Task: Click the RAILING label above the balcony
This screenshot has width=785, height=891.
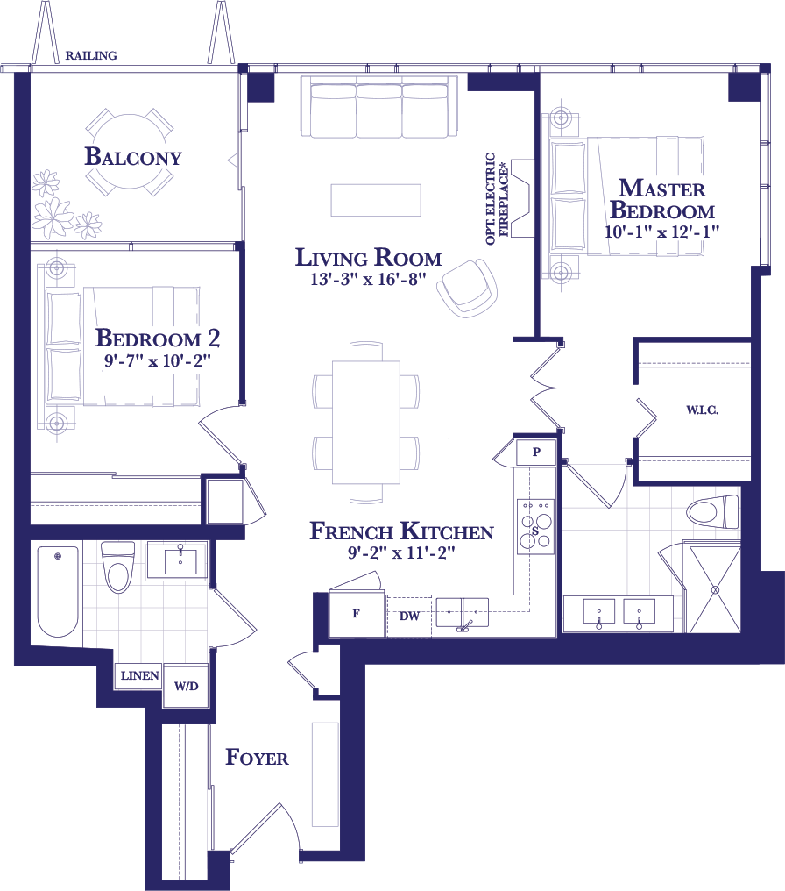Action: (91, 56)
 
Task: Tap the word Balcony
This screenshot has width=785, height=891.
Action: (133, 156)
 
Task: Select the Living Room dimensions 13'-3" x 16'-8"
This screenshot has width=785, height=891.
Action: (368, 279)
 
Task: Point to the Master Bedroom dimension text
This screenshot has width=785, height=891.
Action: (661, 232)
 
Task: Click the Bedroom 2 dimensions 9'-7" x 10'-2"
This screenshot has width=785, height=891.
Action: (157, 360)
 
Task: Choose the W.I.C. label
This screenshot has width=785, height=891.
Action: (702, 410)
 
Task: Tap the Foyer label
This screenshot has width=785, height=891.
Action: (257, 757)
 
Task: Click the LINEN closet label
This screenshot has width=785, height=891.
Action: (139, 675)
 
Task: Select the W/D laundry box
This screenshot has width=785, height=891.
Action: (186, 687)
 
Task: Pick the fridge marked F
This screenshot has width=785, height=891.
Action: (357, 614)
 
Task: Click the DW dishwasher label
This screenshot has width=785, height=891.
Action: (409, 616)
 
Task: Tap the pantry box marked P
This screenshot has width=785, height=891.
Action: (536, 452)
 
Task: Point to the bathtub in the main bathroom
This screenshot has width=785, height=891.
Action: (58, 591)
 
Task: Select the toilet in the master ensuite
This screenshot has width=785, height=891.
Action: (713, 511)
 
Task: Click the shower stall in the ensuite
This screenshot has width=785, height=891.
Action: (715, 589)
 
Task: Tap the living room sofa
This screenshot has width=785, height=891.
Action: (379, 107)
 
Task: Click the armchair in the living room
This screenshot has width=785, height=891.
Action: (467, 289)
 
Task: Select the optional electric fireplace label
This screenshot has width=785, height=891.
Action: (498, 198)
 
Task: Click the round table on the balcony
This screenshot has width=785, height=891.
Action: (131, 152)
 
